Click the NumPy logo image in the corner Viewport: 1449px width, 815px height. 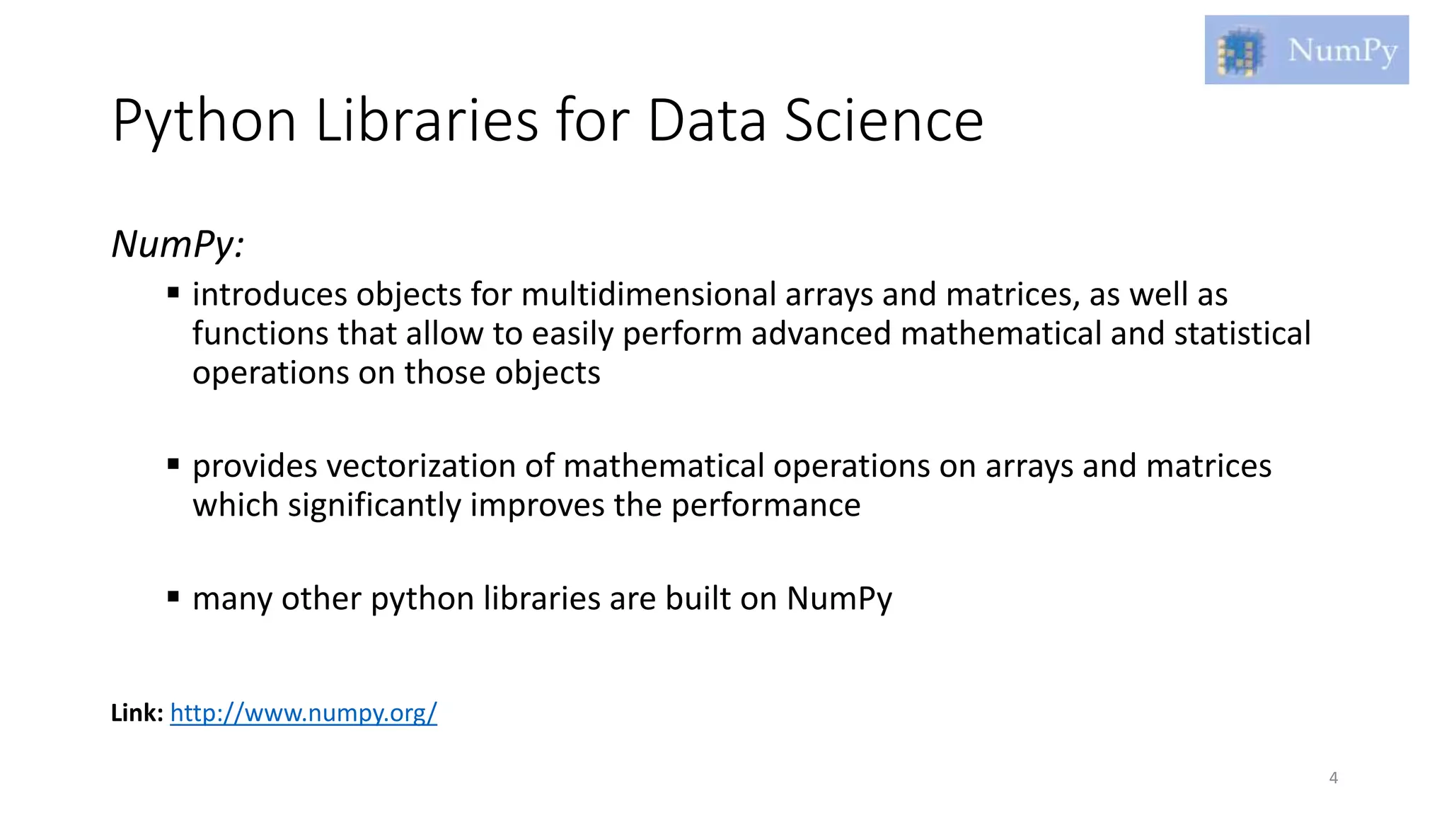1306,50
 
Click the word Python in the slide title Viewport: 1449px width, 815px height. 204,122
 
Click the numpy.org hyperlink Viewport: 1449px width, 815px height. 304,712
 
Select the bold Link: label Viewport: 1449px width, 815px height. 137,712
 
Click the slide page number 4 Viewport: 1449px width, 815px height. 1334,778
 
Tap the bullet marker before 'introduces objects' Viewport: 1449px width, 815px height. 173,292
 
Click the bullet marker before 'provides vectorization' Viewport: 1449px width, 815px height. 173,464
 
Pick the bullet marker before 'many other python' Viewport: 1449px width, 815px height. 173,596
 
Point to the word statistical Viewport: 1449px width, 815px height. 1242,334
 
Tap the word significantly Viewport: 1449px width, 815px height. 374,506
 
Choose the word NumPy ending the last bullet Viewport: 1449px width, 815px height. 839,599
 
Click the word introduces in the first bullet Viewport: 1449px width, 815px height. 270,294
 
